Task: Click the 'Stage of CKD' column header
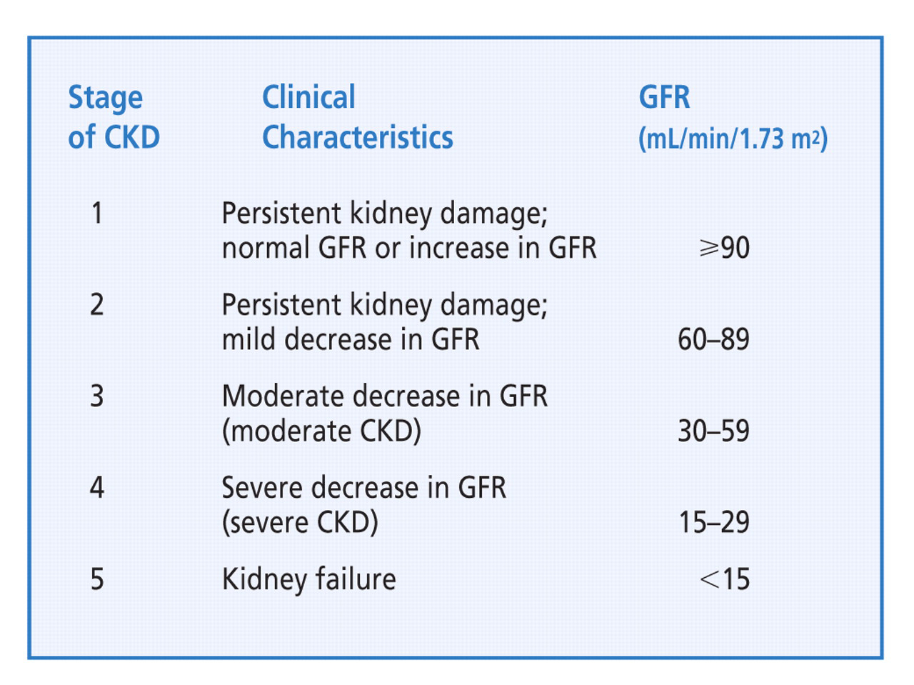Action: tap(114, 117)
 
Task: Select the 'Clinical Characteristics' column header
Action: tap(357, 117)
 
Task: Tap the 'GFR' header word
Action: tap(664, 97)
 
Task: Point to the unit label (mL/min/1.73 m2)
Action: tap(733, 138)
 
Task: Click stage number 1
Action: tap(97, 213)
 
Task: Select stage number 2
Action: tap(97, 304)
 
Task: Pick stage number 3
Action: tap(97, 396)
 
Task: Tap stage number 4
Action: tap(97, 487)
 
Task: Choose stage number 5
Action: tap(97, 579)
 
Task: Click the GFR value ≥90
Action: tap(724, 248)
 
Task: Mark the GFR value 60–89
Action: tap(713, 339)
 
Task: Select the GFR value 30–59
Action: tap(713, 431)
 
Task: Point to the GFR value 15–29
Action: tap(713, 522)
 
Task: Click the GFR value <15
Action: tap(725, 579)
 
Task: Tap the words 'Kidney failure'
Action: tap(308, 579)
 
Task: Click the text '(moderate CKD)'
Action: tap(321, 431)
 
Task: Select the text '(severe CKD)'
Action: tap(300, 522)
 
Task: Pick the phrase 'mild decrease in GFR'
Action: tap(350, 339)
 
